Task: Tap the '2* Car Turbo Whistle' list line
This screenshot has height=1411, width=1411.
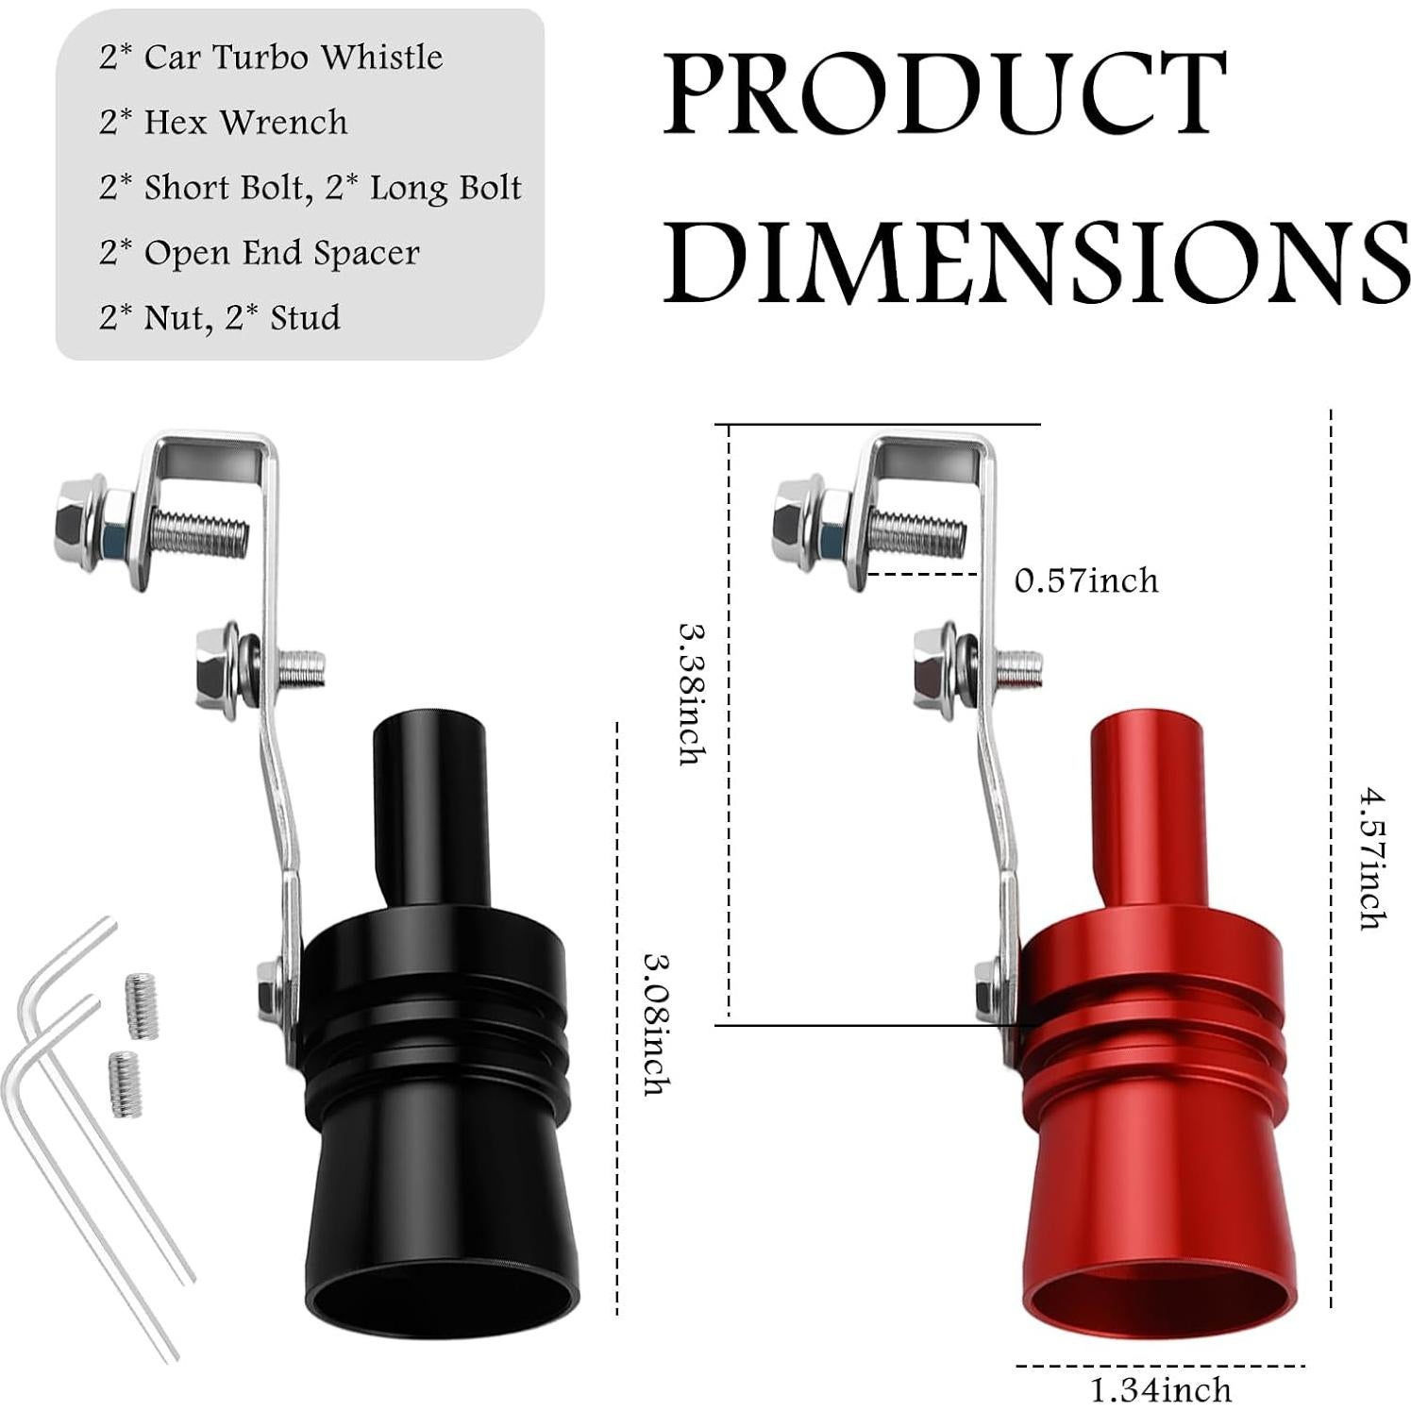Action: pos(271,58)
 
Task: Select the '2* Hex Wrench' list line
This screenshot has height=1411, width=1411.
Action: pos(224,123)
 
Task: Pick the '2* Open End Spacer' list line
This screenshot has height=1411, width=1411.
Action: pos(260,253)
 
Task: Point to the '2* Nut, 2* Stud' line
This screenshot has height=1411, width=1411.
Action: pos(220,318)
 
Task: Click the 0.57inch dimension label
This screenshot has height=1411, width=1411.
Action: pos(1086,580)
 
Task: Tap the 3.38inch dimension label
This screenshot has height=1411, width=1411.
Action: pos(691,693)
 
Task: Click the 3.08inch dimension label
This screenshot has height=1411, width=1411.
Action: pos(657,1023)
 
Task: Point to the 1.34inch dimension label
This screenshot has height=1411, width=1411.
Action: pos(1161,1389)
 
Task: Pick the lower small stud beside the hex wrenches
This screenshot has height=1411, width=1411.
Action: pos(123,1083)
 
